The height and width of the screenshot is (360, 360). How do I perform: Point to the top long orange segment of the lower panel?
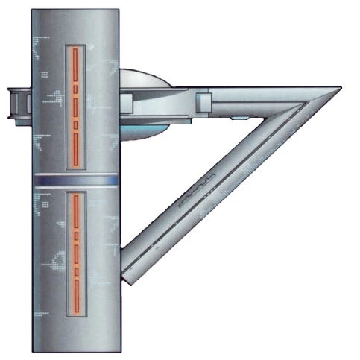tap(75, 212)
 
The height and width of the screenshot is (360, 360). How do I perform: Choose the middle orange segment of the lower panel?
tap(75, 253)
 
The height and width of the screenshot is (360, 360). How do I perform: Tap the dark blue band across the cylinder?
tap(75, 181)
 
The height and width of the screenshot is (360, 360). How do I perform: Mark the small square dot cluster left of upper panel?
tap(45, 75)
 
